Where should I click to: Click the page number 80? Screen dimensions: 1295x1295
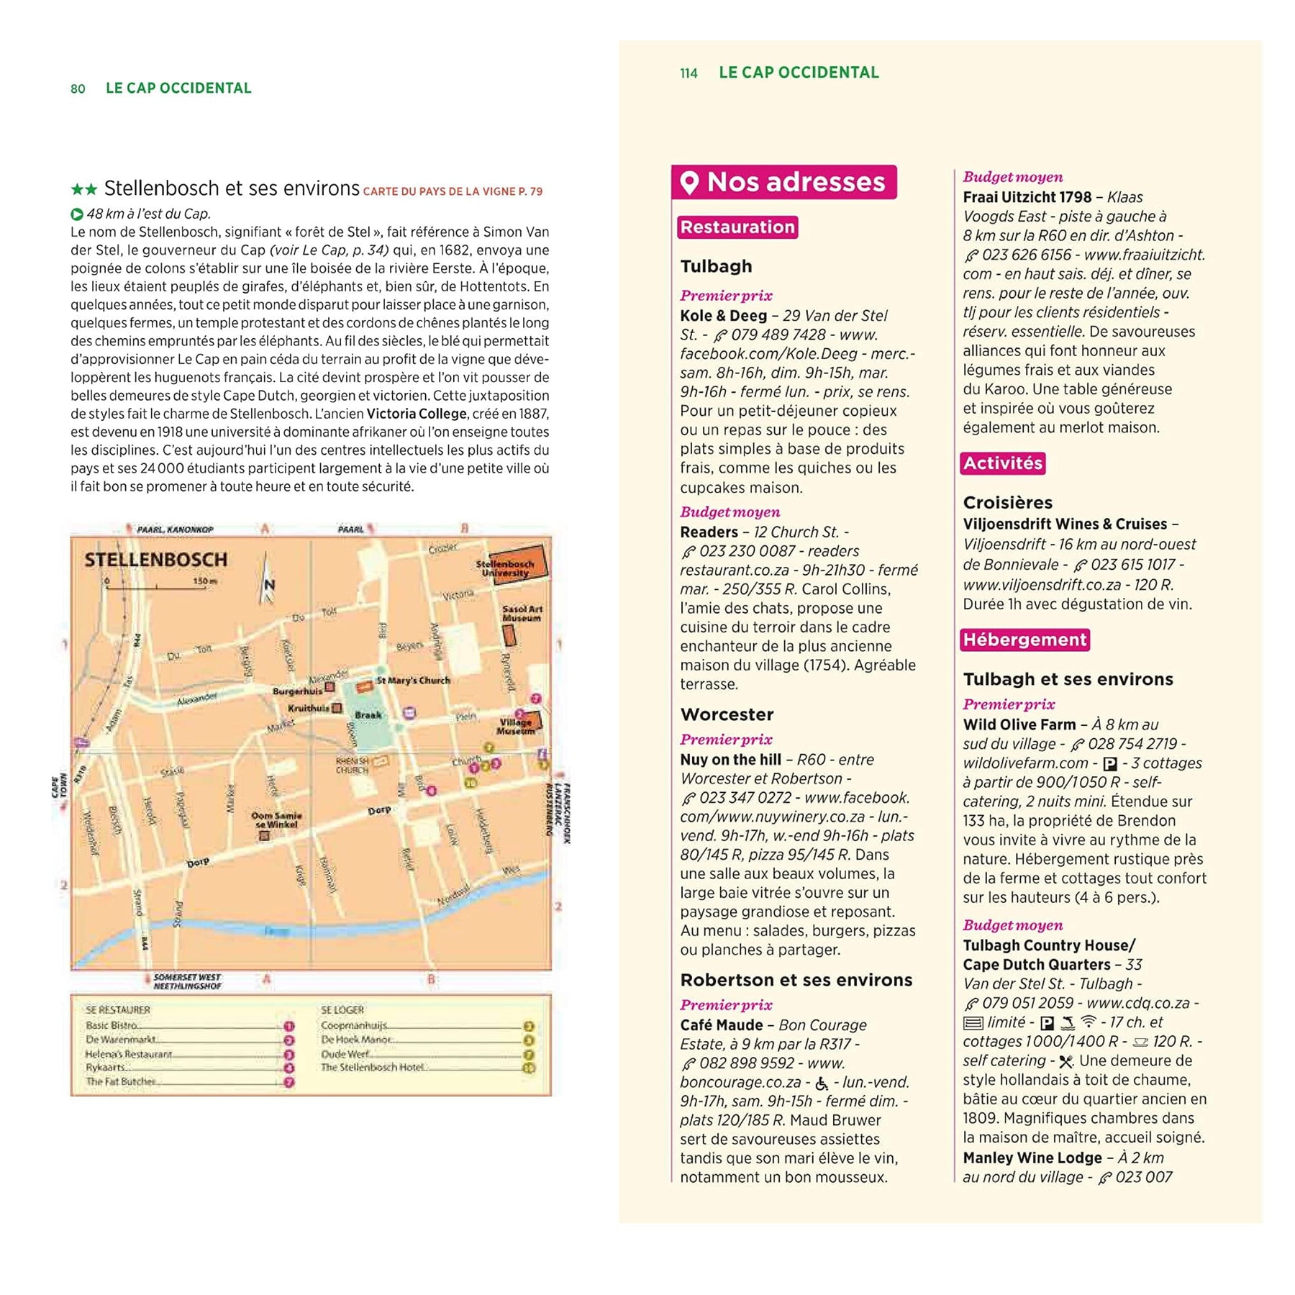(78, 88)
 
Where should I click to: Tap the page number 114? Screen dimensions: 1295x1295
(689, 73)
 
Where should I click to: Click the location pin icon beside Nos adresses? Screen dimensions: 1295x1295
(689, 182)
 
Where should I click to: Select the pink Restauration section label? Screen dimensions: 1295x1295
(737, 227)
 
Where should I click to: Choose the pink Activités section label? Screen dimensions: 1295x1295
(1002, 463)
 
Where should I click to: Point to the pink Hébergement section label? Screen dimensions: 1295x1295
(1024, 640)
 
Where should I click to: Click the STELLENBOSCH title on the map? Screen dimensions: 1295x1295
(155, 560)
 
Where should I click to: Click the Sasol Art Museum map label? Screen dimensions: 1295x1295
(522, 613)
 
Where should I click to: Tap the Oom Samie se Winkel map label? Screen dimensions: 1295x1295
(276, 819)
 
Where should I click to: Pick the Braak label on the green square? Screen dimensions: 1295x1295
(368, 715)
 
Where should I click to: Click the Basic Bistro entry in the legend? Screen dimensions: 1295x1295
(112, 1025)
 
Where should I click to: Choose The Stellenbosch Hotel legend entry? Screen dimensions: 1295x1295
(372, 1067)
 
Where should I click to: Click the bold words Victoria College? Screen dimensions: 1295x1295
(417, 414)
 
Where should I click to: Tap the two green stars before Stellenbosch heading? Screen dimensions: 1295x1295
(83, 190)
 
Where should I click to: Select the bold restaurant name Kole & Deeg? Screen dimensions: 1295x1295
(723, 316)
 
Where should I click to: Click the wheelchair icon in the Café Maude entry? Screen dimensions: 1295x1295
(822, 1083)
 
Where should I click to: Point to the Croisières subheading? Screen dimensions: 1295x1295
(1007, 503)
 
